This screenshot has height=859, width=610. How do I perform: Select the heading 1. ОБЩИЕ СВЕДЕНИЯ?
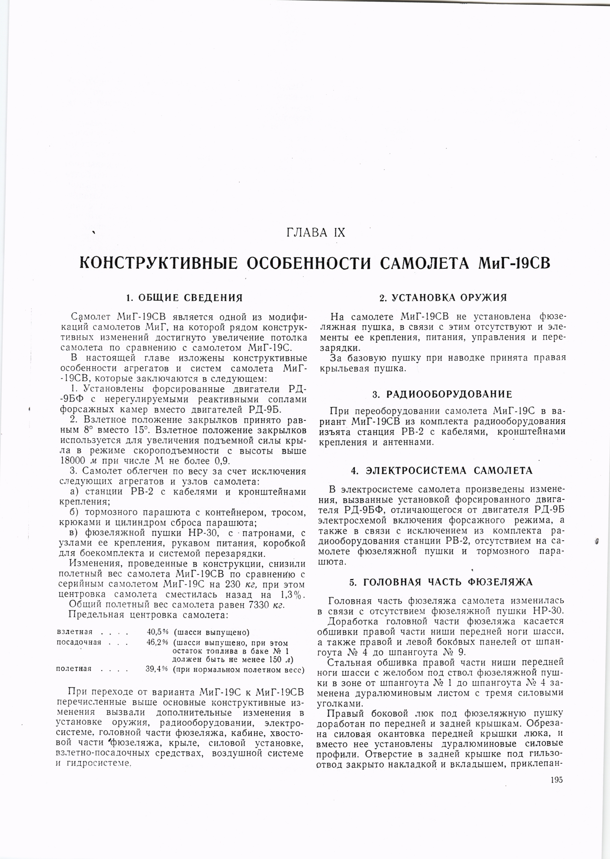pos(184,298)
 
